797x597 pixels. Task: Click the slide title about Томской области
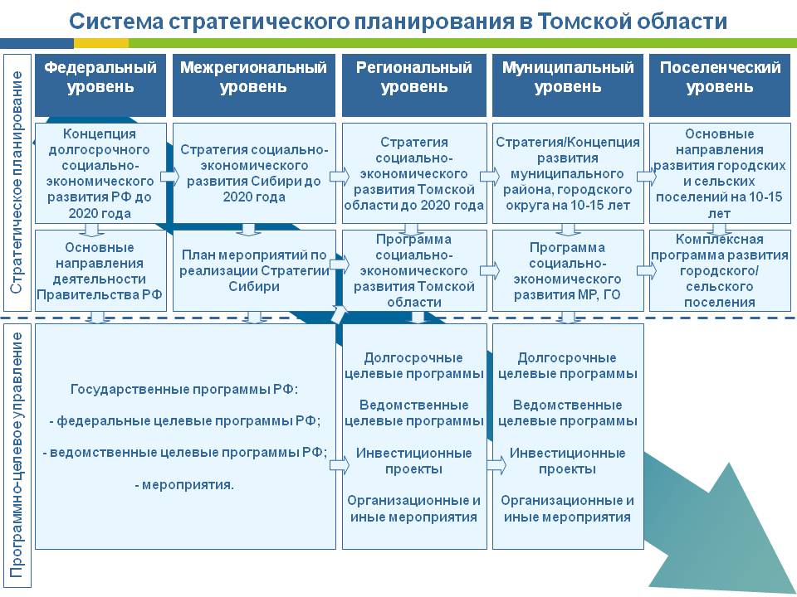(398, 21)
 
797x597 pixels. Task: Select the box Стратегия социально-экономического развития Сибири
(254, 173)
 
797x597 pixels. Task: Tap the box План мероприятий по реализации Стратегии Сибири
(254, 270)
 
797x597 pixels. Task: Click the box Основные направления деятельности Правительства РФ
(100, 270)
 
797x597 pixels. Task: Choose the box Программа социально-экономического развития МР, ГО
(568, 270)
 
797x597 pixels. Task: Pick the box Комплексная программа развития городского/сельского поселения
(720, 270)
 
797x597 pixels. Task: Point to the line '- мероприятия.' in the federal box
(184, 483)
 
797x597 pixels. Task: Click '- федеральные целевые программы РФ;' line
(184, 420)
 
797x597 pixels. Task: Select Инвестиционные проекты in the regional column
(414, 460)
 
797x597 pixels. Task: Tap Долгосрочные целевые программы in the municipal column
(568, 366)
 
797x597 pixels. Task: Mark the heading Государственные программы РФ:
(184, 388)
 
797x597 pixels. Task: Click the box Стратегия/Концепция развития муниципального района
(568, 173)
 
